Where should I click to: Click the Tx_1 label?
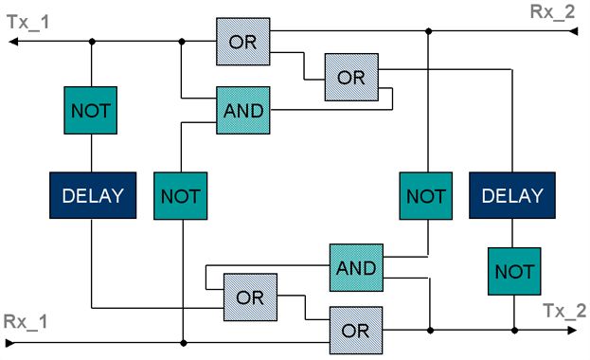pos(28,22)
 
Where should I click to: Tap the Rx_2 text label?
pos(552,12)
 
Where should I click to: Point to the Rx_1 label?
pos(26,322)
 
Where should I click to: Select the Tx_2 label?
pos(564,311)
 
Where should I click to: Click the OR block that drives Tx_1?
pos(243,42)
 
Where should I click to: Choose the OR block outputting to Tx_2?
pos(356,331)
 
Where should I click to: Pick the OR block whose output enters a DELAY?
pos(351,77)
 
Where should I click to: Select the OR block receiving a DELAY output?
pos(250,297)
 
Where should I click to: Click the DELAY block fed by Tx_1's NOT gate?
pos(93,195)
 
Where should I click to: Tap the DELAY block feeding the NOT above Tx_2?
pos(512,195)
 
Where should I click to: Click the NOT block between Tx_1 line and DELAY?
pos(91,110)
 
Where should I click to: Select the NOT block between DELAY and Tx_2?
pos(514,271)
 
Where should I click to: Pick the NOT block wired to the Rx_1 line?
pos(181,196)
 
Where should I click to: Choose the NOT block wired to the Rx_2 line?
pos(426,196)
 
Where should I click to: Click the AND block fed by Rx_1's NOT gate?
pos(243,110)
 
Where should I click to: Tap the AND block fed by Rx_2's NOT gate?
pos(356,268)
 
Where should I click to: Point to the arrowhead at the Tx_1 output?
pos(13,41)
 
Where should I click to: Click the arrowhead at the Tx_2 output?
pos(572,331)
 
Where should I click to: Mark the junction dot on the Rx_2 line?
pos(428,31)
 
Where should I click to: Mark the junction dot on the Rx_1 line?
pos(183,343)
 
